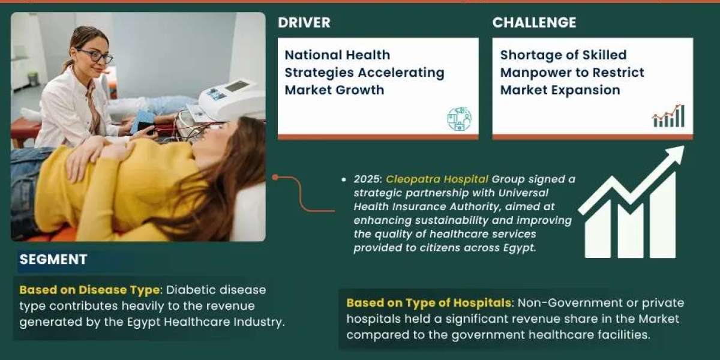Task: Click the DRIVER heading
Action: (304, 23)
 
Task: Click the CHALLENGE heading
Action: (534, 23)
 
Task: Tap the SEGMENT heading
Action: (53, 259)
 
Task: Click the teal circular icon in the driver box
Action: (460, 119)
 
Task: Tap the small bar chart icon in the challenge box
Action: (668, 116)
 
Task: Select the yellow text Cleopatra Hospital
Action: (437, 179)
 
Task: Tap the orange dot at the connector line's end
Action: (275, 177)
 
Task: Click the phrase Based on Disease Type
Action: (89, 290)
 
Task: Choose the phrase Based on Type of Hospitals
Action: (429, 303)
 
